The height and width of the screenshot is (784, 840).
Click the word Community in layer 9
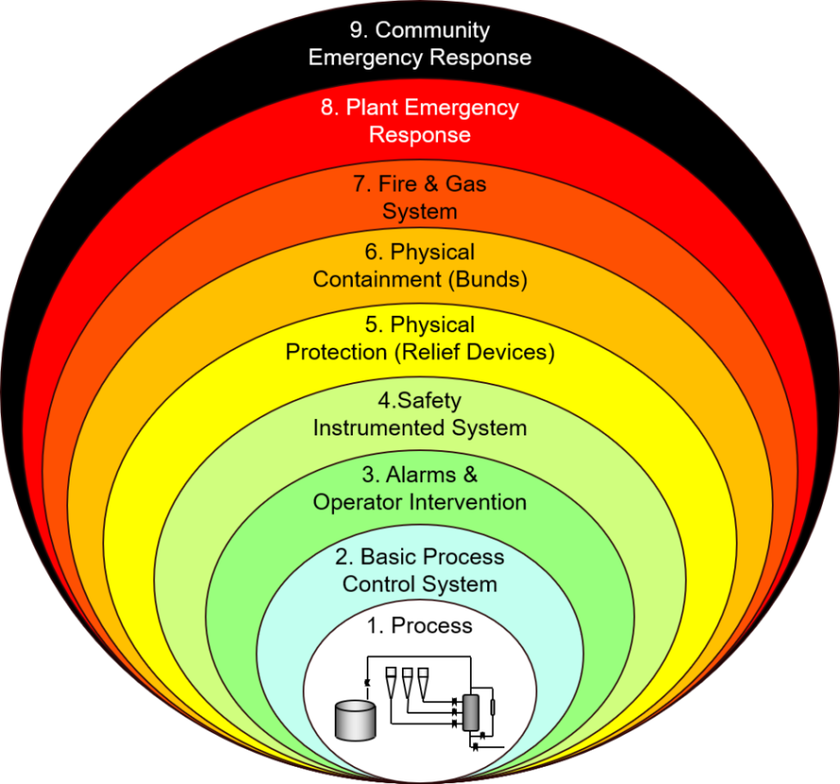tap(432, 31)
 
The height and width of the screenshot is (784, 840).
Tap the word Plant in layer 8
tap(373, 107)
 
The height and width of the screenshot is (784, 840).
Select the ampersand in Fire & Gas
tap(431, 183)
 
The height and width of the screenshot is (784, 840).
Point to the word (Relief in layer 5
tap(428, 352)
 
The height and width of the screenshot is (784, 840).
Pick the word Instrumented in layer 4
tap(379, 428)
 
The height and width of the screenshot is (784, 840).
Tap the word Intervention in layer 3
tap(467, 503)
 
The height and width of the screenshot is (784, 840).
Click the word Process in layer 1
tap(432, 626)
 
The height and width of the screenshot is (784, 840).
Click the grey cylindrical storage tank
tap(355, 720)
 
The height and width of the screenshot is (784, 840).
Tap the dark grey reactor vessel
tap(471, 713)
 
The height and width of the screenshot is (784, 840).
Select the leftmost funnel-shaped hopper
tap(391, 682)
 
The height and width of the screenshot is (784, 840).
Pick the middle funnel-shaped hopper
tap(407, 682)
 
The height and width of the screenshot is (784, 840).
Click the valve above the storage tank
tap(367, 682)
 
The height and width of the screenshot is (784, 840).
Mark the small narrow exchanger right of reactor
tap(493, 707)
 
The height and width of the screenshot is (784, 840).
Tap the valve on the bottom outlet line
tap(475, 746)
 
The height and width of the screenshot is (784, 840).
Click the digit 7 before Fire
tap(359, 184)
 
